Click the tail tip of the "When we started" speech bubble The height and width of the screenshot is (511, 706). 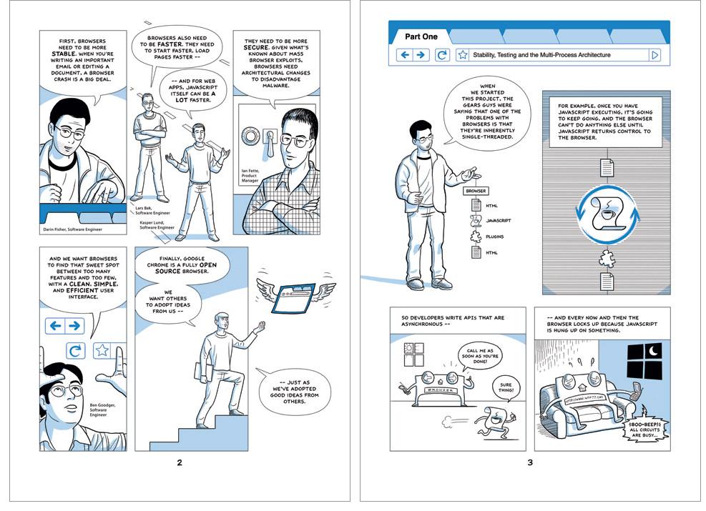coord(444,144)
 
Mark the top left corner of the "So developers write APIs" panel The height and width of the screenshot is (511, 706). coord(390,307)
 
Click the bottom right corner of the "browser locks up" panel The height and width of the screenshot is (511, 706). coord(670,451)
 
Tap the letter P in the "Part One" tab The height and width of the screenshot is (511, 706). coord(408,37)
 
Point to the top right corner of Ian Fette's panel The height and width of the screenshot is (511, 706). coord(320,31)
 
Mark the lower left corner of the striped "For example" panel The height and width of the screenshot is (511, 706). coord(543,294)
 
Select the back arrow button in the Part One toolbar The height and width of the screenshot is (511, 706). coord(405,55)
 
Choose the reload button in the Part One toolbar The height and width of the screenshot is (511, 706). coord(442,55)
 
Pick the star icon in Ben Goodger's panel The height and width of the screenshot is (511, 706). coord(102,350)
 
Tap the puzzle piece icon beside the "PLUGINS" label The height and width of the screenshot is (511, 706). coord(476,236)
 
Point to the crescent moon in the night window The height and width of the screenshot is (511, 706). coord(653,349)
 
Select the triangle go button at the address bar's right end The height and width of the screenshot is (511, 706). coord(655,55)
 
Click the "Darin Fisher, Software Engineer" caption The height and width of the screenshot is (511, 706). coord(72,229)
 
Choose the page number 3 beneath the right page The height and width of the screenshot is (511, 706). coord(530,462)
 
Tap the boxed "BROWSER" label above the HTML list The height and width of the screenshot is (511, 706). coord(476,191)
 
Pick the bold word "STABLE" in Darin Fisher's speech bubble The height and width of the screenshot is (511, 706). coord(64,54)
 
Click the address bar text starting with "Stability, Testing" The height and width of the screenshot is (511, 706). coord(541,55)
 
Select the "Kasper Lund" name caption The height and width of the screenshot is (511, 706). coord(152,223)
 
